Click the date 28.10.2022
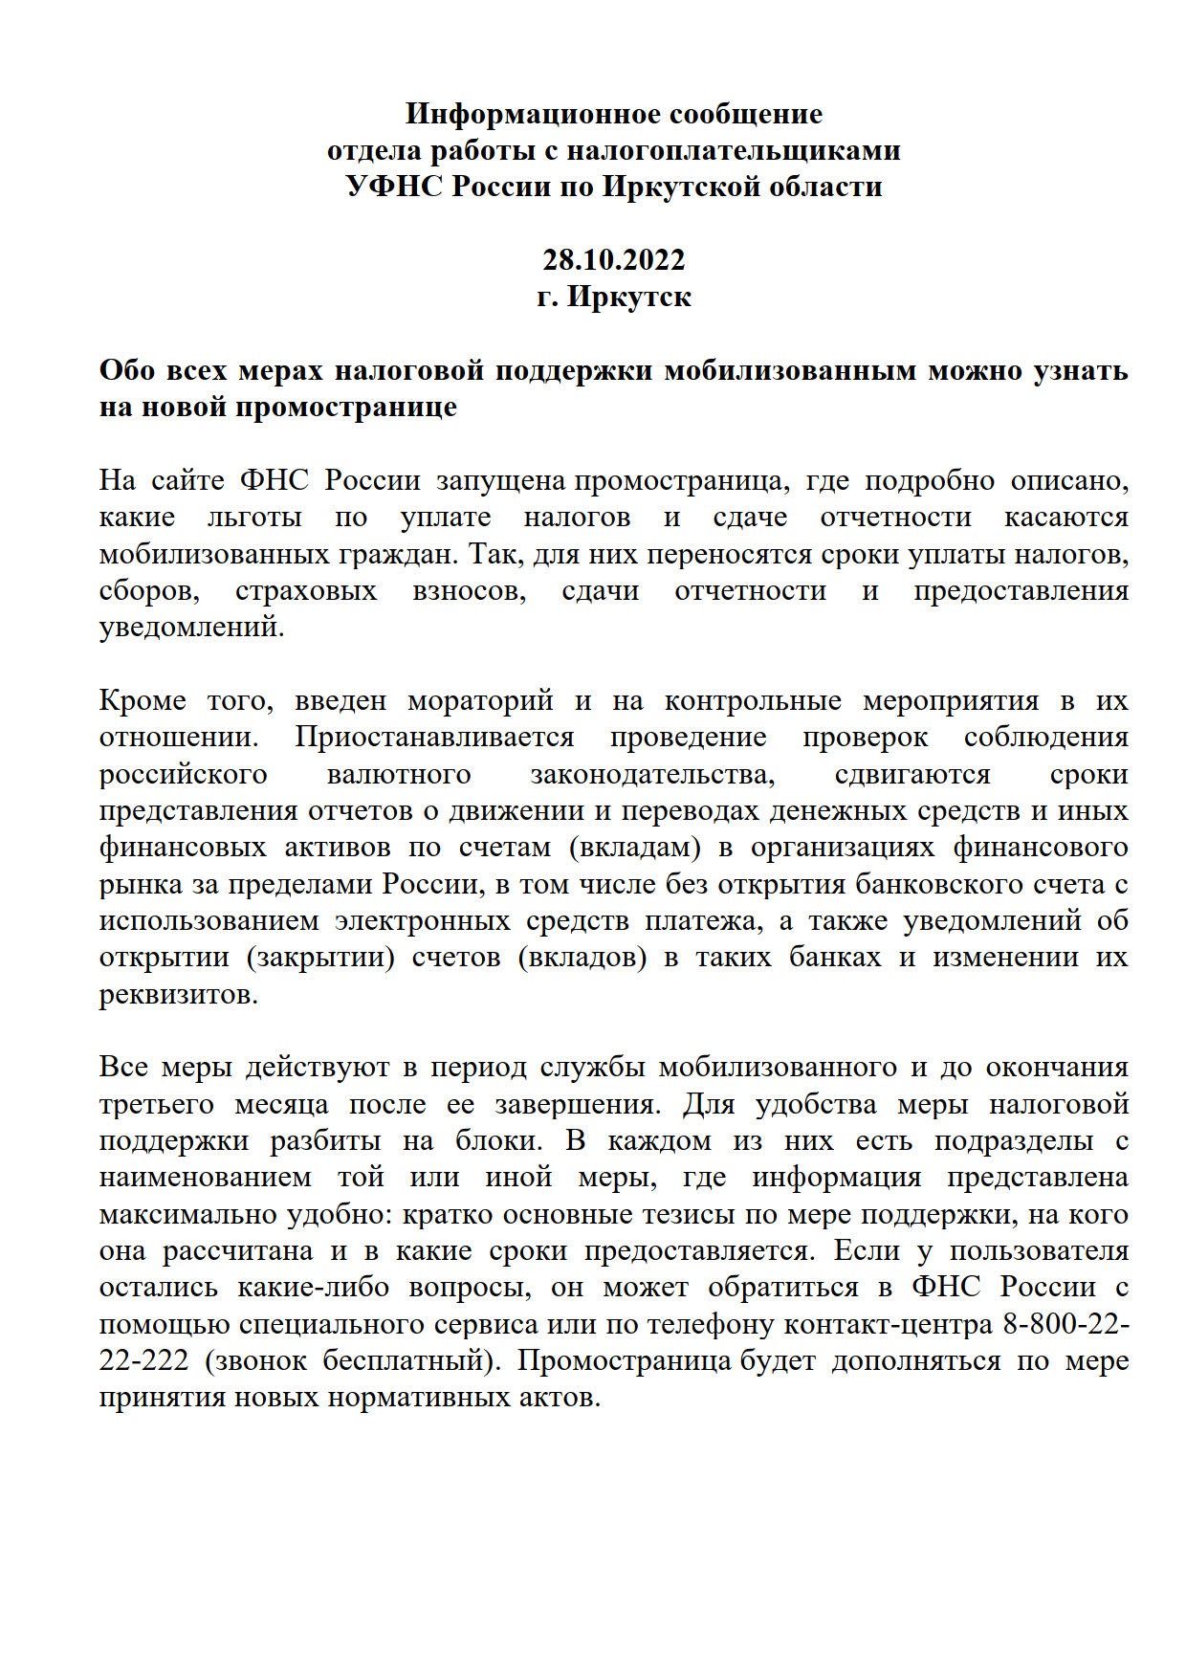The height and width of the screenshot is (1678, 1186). pos(614,260)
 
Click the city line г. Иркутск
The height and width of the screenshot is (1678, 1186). pos(614,297)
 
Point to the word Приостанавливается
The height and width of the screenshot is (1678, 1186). pos(434,738)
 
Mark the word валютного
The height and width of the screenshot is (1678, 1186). pos(399,774)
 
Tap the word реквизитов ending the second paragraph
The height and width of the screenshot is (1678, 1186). pos(179,994)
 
